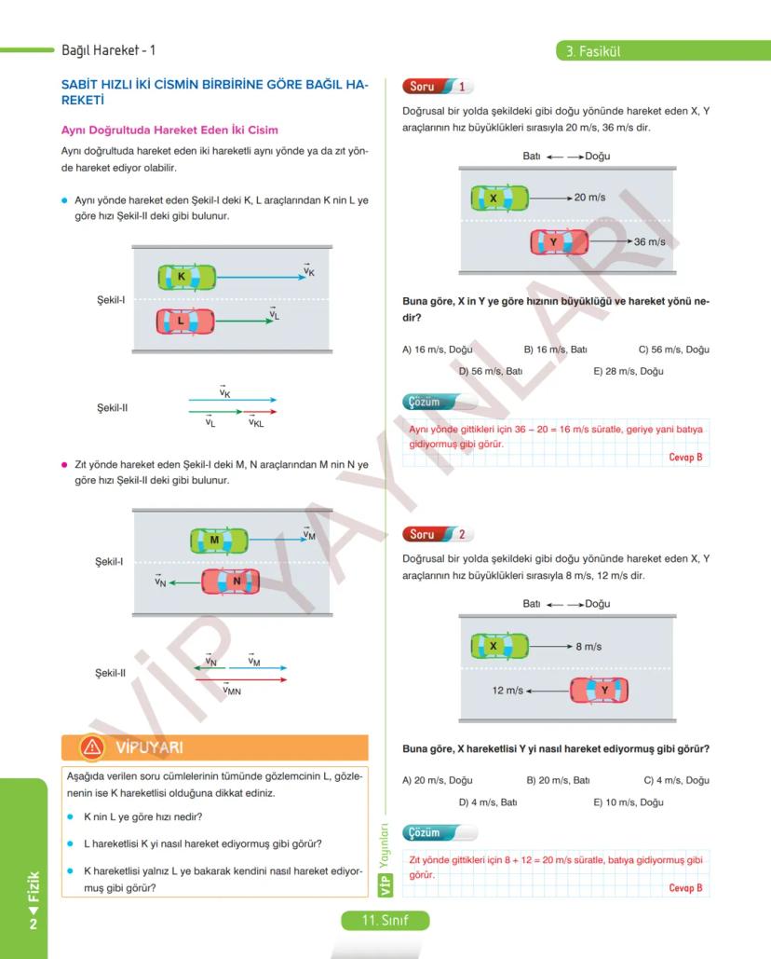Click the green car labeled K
tap(186, 277)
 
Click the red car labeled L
tap(185, 322)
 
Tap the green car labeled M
tap(219, 540)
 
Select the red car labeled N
tap(231, 582)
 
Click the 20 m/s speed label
tap(589, 198)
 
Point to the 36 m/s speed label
tap(649, 242)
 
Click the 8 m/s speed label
tap(588, 646)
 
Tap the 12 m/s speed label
tap(507, 691)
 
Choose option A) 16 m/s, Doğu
tap(437, 349)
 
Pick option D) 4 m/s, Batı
tap(487, 802)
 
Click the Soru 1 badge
tap(439, 87)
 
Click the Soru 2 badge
tap(439, 534)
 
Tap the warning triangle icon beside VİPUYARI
tap(91, 747)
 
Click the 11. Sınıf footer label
tap(385, 921)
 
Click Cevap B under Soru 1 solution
tap(685, 458)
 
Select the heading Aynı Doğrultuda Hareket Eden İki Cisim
tap(169, 130)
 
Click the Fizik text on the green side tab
tap(34, 889)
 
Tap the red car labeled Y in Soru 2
tap(600, 691)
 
